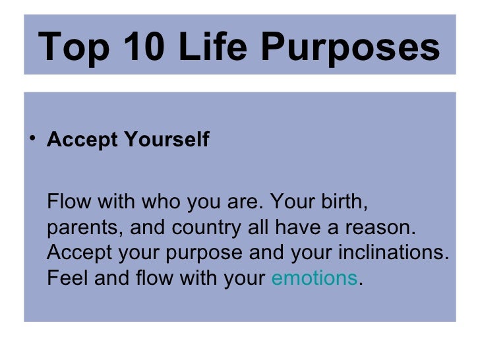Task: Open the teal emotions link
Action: tap(314, 279)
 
